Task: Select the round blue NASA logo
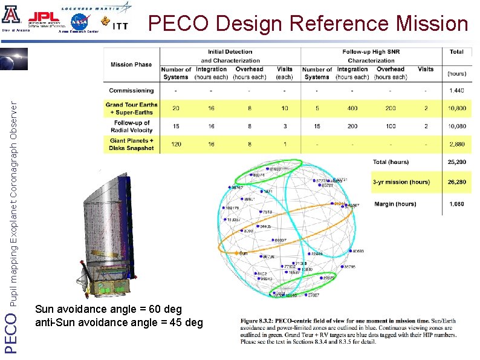click(x=79, y=22)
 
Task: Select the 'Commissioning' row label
click(x=131, y=91)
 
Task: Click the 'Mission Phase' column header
click(x=131, y=65)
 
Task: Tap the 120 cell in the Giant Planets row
click(x=176, y=145)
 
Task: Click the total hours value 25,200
click(x=456, y=162)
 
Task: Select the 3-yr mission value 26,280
click(x=456, y=182)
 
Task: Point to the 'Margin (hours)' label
click(x=395, y=204)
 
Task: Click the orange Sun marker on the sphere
click(x=236, y=253)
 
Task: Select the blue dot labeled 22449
click(x=309, y=254)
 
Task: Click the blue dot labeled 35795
click(x=342, y=267)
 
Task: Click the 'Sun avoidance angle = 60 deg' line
click(x=108, y=310)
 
